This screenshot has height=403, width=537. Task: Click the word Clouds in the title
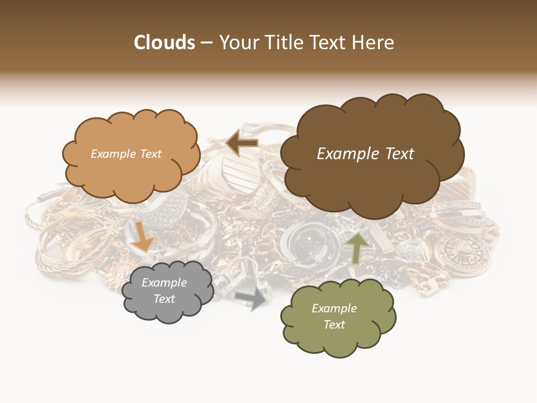pyautogui.click(x=164, y=43)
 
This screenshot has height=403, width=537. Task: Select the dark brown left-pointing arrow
pyautogui.click(x=242, y=143)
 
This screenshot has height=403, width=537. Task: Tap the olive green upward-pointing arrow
pyautogui.click(x=356, y=247)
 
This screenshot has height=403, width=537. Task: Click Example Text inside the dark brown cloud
pyautogui.click(x=365, y=154)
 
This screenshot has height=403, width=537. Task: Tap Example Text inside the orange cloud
pyautogui.click(x=126, y=154)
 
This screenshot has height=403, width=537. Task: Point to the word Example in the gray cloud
pyautogui.click(x=164, y=283)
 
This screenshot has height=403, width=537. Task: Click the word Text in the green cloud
pyautogui.click(x=334, y=325)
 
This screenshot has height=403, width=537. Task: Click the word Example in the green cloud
pyautogui.click(x=334, y=308)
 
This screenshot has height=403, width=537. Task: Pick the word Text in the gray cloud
pyautogui.click(x=164, y=299)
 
